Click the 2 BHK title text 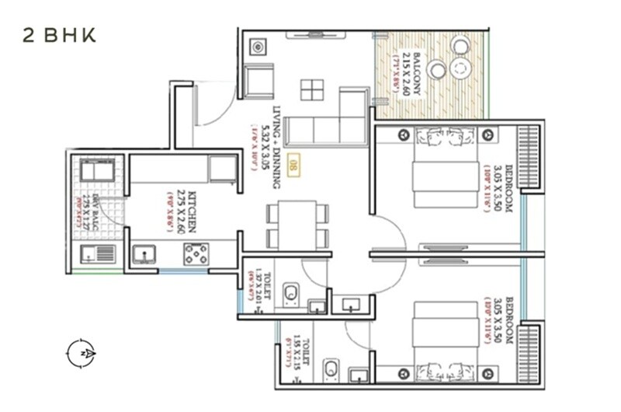point(59,37)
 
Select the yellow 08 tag point(293,166)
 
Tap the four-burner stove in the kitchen point(196,254)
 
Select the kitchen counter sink point(144,254)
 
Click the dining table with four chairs point(297,225)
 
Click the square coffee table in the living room point(312,89)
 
